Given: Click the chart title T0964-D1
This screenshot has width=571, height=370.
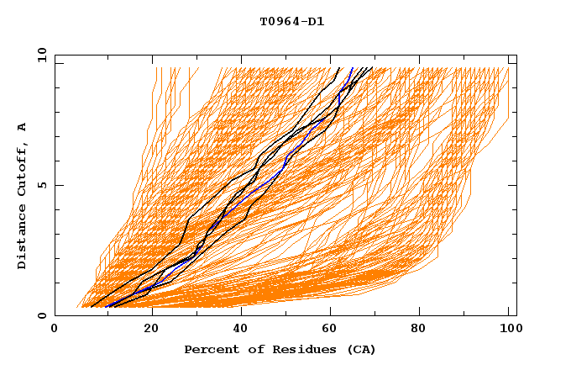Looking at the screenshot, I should [x=291, y=22].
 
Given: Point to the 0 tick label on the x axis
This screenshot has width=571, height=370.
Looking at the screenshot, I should [x=55, y=330].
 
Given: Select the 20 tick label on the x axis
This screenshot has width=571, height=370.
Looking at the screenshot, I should [x=145, y=330].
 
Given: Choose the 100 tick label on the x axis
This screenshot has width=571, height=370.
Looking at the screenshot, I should [x=508, y=330].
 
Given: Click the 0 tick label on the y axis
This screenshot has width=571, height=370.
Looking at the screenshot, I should [x=41, y=316].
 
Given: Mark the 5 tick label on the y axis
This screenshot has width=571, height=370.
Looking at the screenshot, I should [x=41, y=185].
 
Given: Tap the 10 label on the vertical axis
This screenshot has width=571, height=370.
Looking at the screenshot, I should [x=39, y=55].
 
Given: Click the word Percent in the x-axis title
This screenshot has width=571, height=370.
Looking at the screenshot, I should [x=208, y=350].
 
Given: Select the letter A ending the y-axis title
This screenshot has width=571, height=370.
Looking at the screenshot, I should [x=23, y=126].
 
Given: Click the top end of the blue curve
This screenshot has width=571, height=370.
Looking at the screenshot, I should [x=353, y=68].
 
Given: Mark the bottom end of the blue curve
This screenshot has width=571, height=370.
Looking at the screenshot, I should [x=107, y=306].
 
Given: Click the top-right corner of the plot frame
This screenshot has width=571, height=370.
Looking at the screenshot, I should [x=516, y=55].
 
